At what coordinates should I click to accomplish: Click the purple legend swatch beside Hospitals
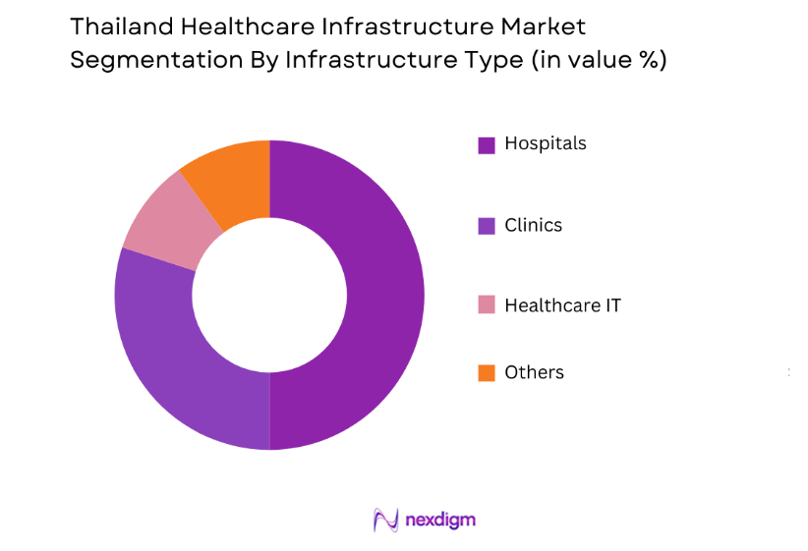point(486,145)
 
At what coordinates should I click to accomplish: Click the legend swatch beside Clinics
point(486,226)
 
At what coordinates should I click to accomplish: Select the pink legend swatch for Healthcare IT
point(486,305)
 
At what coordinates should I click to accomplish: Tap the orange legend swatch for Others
point(486,373)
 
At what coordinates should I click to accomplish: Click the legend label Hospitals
point(545,143)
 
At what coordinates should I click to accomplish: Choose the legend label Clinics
point(533,225)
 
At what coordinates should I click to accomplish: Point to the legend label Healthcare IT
point(562,305)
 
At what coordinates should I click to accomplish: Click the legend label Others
point(534,372)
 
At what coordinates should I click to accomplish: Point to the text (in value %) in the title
point(598,60)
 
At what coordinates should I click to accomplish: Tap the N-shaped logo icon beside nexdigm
point(385,520)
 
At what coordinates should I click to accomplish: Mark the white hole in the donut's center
point(269,295)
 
